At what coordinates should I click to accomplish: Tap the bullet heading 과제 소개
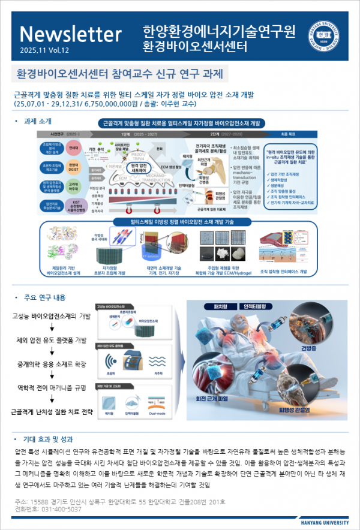pos(37,121)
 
